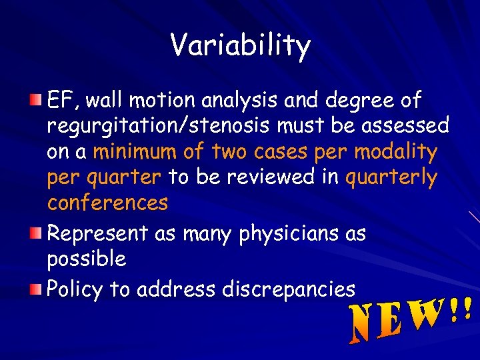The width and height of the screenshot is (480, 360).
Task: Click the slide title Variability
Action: [x=240, y=46]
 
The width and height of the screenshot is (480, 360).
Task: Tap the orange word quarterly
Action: [x=392, y=178]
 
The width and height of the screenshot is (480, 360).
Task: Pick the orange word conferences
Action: [x=107, y=202]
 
